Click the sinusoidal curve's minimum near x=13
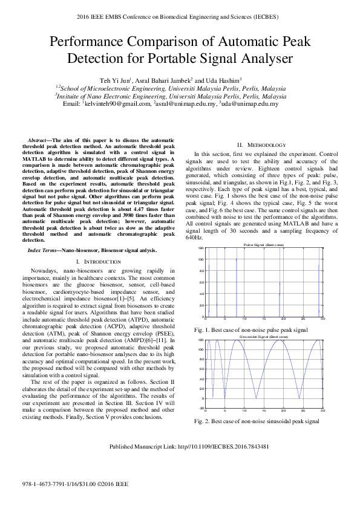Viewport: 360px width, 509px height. coord(256,398)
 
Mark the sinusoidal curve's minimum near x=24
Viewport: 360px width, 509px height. coord(299,398)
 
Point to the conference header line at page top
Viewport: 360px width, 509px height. coord(180,16)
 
